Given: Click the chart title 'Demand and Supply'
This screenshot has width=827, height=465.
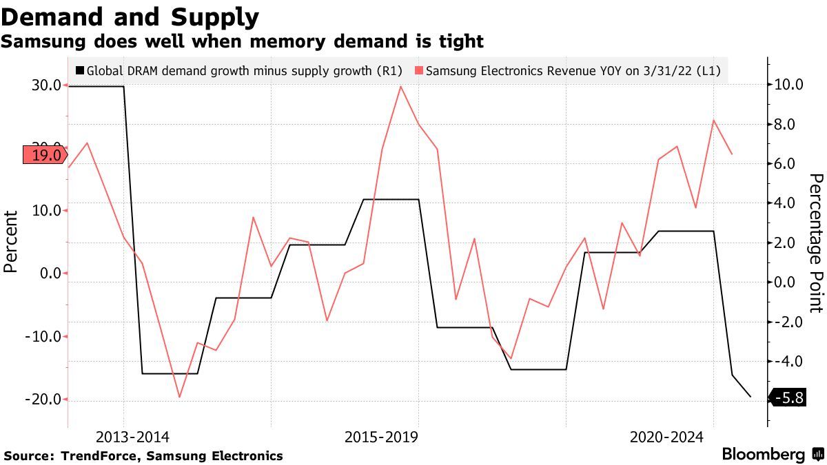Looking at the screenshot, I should (x=130, y=17).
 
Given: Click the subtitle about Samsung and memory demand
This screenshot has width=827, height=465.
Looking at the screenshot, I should (x=242, y=42).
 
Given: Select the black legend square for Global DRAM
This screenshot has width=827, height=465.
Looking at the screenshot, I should (x=80, y=70).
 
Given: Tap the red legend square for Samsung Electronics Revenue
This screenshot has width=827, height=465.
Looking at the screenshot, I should (x=419, y=70).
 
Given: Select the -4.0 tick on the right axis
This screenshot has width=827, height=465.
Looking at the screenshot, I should (x=787, y=361).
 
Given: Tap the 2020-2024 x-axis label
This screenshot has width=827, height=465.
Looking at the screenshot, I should (x=666, y=437).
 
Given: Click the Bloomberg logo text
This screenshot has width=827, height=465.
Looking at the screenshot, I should (x=764, y=455).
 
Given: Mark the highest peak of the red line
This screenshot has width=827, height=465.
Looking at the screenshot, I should (x=400, y=86).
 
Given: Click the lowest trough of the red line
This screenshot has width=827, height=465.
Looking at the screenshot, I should (x=180, y=397).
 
